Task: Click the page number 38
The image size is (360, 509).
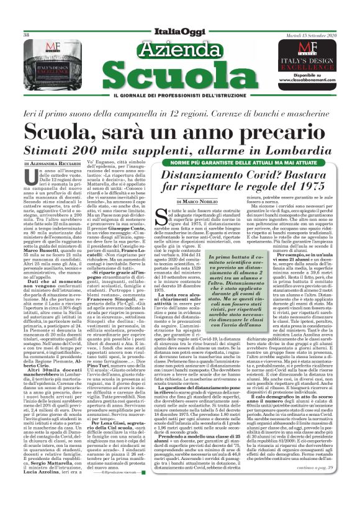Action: coord(27,35)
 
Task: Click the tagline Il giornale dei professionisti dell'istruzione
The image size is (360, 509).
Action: coord(180,102)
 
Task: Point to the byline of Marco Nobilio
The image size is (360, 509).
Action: coord(198,201)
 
